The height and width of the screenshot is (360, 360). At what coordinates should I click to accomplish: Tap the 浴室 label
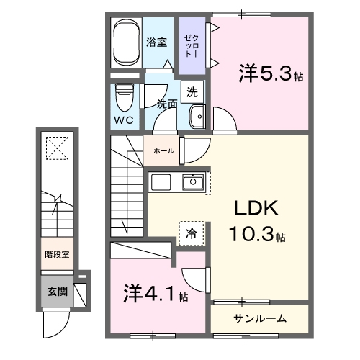pyautogui.click(x=157, y=42)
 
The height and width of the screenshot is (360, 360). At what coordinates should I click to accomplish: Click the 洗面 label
pyautogui.click(x=167, y=102)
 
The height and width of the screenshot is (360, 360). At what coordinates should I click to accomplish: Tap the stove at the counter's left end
pyautogui.click(x=160, y=183)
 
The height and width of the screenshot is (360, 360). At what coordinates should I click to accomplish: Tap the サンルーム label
pyautogui.click(x=260, y=318)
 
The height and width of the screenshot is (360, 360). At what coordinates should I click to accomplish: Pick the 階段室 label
pyautogui.click(x=55, y=254)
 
